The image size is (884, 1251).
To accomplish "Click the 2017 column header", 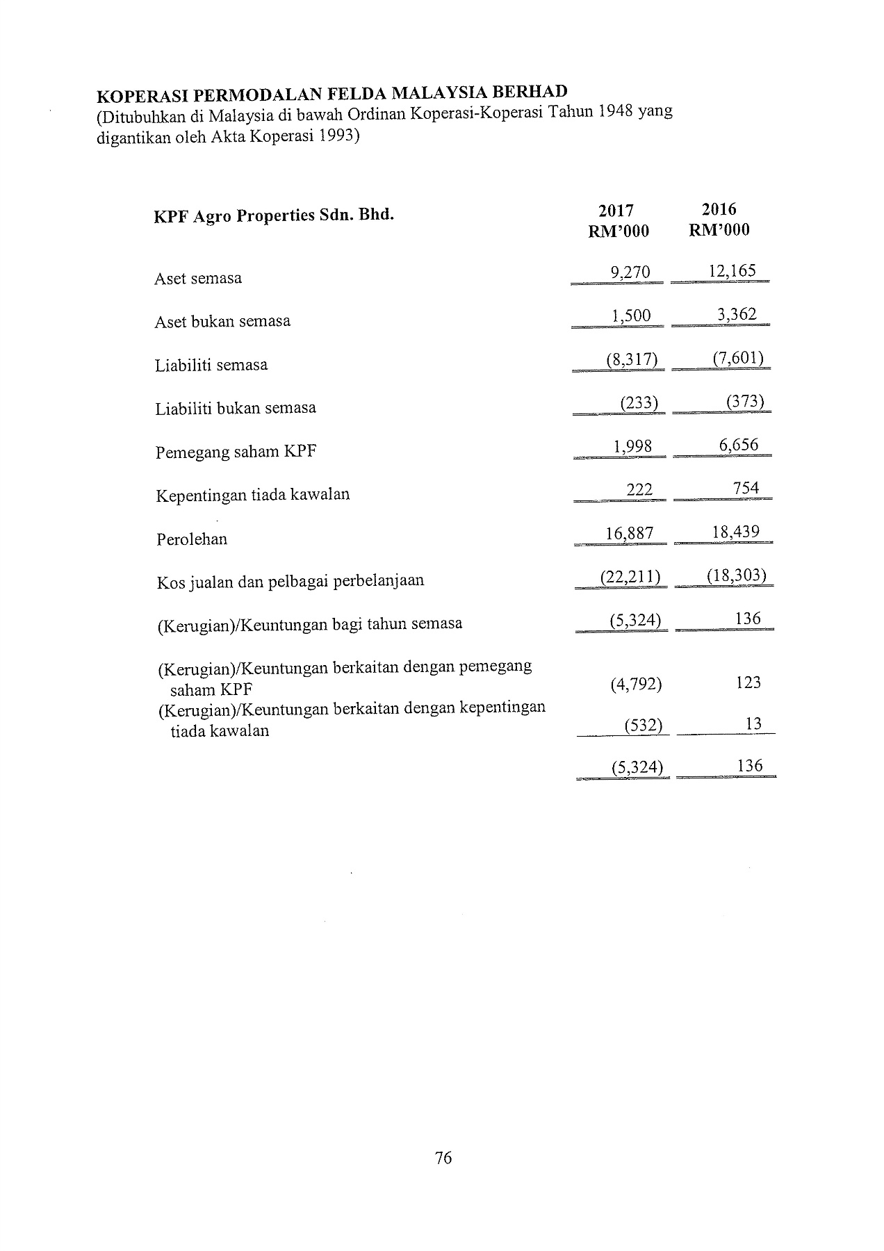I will (x=616, y=211).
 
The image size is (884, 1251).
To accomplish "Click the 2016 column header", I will (x=719, y=209).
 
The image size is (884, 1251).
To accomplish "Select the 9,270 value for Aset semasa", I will (x=630, y=272).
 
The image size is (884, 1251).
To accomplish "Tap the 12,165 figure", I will (x=732, y=270).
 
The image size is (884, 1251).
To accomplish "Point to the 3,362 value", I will (x=737, y=314).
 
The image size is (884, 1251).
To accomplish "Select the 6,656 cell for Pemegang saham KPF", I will (x=739, y=445).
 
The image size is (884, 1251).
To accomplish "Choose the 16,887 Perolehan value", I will (x=630, y=533).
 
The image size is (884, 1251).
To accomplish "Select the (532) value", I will (x=643, y=726).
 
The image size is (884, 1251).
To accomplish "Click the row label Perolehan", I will (x=192, y=539).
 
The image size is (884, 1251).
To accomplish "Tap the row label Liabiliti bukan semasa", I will (x=236, y=408).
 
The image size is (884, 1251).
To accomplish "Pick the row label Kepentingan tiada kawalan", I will (x=253, y=495).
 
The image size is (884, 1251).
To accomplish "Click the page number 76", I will (x=443, y=1158).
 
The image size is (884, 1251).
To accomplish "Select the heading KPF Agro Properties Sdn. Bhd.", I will (x=274, y=215).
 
